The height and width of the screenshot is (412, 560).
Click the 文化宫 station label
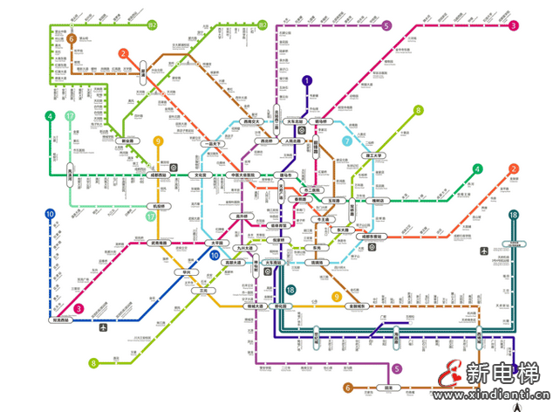coord(200,175)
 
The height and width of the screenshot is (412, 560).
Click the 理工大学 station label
coord(377,154)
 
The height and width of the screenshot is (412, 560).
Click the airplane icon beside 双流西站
coord(104,328)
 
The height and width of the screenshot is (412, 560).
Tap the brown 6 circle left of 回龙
coord(348,388)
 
